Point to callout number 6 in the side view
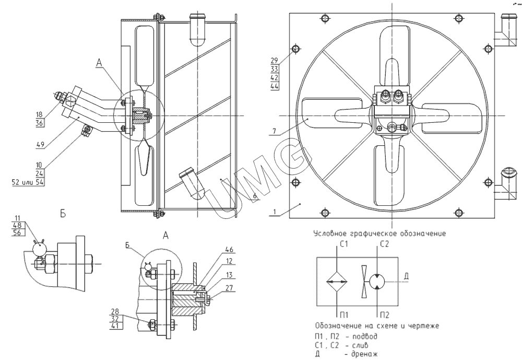click(x=255, y=195)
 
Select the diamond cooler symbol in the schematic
click(x=336, y=282)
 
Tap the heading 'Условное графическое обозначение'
click(x=379, y=234)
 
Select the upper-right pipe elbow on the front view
click(x=503, y=31)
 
